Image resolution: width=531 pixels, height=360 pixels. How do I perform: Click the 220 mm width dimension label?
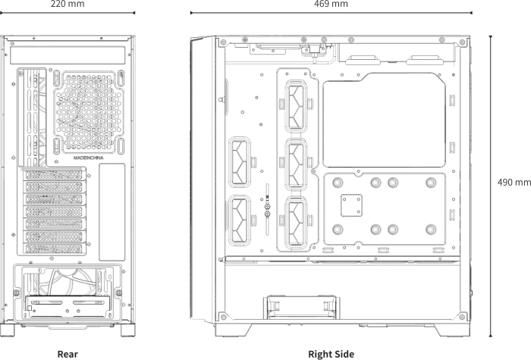pos(68,4)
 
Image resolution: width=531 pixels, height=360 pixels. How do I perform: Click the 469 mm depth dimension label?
pos(331,4)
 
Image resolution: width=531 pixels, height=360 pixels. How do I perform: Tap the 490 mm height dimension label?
pos(514,183)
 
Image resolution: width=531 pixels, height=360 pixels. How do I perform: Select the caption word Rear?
pos(68,354)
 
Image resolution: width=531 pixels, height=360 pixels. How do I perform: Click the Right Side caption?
pos(331,354)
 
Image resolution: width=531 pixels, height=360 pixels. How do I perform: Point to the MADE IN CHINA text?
pos(89,158)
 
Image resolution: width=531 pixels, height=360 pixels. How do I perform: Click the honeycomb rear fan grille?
pos(89,112)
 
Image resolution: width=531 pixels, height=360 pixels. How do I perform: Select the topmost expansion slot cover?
pos(54,174)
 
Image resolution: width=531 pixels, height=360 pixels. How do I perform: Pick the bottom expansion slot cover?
pos(54,249)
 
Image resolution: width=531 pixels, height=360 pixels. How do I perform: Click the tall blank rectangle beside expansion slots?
pos(112,212)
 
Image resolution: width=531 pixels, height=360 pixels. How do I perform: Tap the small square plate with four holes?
pos(351,205)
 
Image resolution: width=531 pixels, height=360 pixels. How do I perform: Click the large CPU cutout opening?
pos(385,120)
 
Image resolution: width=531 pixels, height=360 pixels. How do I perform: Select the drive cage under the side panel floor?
pos(302,307)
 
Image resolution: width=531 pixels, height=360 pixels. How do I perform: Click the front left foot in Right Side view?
pos(234,330)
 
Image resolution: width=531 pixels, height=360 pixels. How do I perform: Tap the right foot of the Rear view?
pos(128,330)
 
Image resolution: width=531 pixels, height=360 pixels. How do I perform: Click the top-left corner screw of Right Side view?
pos(223,42)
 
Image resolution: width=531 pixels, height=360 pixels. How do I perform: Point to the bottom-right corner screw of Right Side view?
pos(462,317)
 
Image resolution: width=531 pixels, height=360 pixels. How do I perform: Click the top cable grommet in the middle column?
pos(296,107)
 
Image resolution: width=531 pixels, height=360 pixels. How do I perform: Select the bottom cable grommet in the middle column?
pos(296,223)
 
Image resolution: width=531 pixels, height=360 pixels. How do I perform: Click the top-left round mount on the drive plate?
pos(338,183)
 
